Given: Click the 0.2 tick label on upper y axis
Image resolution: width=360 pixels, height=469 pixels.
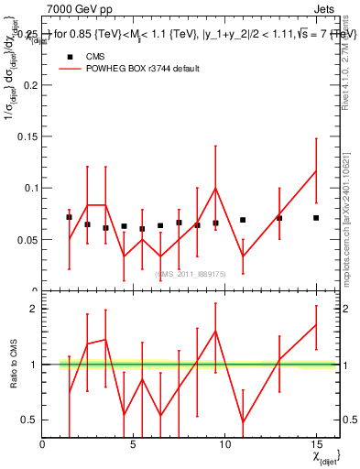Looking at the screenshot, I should point(29,85).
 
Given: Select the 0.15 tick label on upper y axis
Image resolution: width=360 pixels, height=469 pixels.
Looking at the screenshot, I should point(27,136).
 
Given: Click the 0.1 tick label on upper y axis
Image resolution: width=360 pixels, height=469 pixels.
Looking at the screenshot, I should point(29,188).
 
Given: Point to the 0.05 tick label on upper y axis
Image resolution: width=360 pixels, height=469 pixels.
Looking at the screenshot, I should point(27,239).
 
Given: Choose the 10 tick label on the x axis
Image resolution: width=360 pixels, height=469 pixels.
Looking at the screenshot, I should point(224,443).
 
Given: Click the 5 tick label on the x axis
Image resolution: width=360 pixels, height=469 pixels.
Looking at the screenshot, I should point(134,443).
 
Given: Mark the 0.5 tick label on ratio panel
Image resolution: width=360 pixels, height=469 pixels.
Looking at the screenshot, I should point(30,420).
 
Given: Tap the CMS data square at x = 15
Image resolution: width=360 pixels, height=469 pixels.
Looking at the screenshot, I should point(316,218).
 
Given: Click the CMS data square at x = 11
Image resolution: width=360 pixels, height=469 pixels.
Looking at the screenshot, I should point(243,220).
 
